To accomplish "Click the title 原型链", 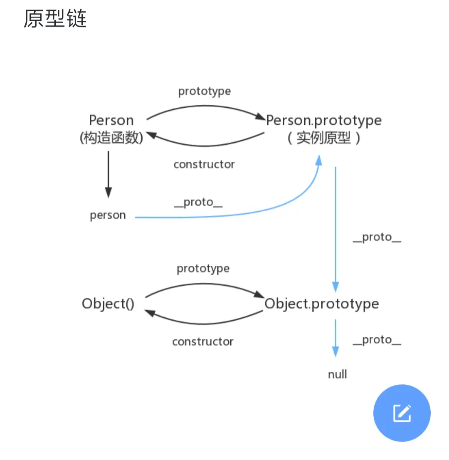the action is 55,19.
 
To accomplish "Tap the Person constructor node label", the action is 111,121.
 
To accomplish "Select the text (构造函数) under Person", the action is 111,138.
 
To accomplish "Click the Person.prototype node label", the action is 323,121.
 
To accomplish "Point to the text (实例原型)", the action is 323,138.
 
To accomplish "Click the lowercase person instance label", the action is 108,215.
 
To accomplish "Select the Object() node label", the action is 108,304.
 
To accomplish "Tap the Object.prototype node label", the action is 322,304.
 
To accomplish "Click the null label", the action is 337,374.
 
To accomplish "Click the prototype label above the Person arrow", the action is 204,91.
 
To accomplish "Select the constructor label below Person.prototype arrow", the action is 204,164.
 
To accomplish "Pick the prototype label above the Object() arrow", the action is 203,269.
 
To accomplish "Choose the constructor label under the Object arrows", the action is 203,342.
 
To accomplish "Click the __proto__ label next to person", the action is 198,203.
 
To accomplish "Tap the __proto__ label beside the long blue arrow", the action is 377,237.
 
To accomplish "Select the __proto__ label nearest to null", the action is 377,340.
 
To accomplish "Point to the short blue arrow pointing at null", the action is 335,338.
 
